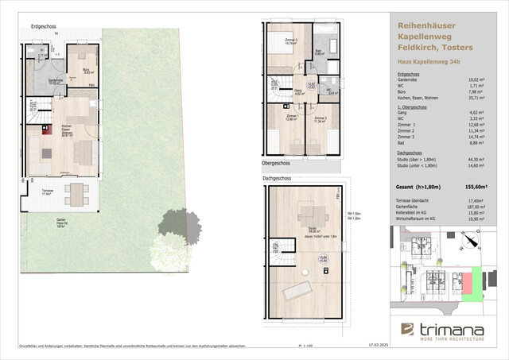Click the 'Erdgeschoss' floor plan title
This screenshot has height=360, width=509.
coord(43,27)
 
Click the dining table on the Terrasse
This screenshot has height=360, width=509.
coord(76,193)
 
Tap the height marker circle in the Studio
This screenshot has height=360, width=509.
coord(323,259)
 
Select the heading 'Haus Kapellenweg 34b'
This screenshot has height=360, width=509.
coord(429,61)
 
